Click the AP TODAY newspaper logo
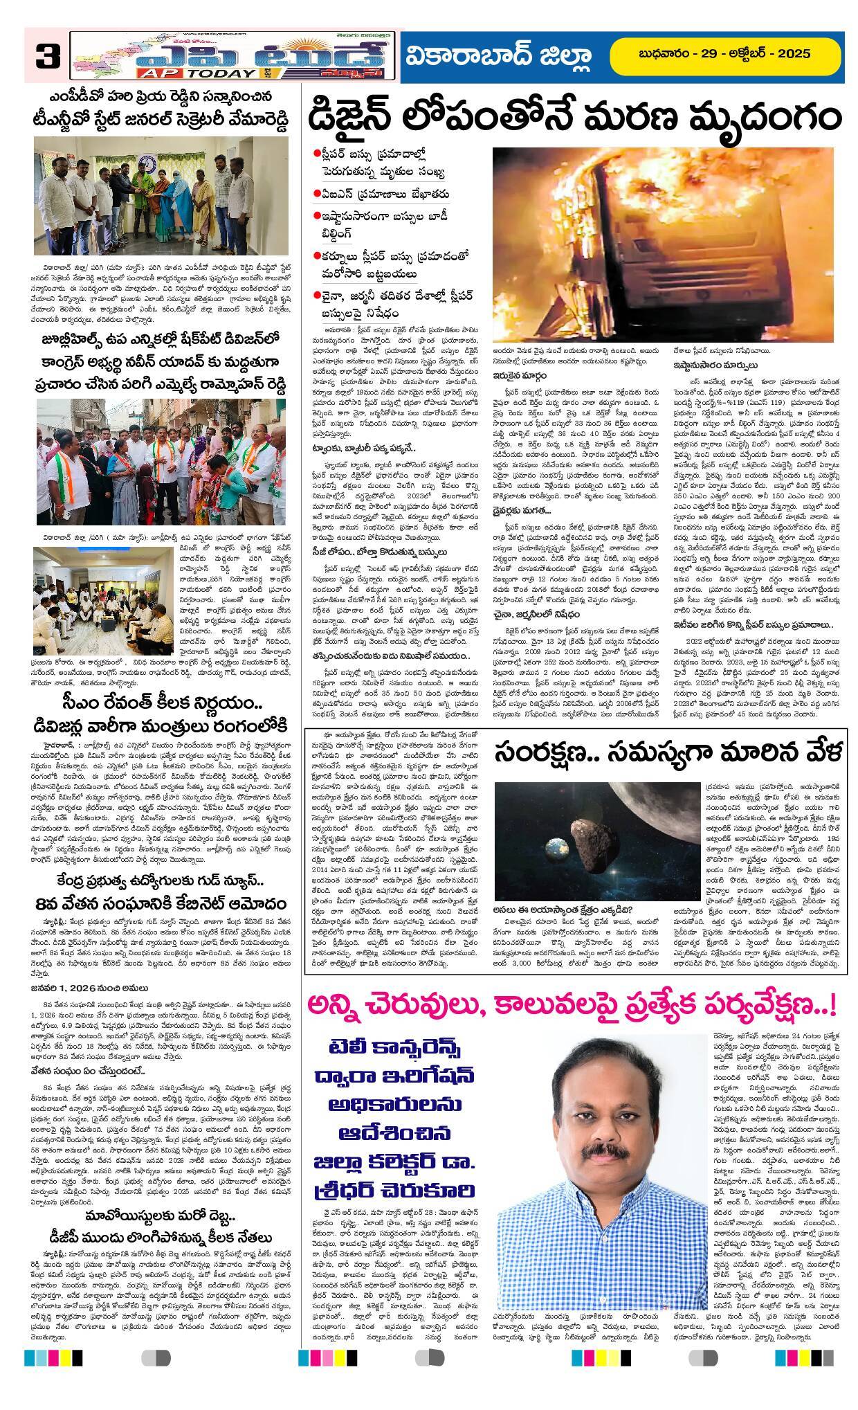click(x=234, y=55)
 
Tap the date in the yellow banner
click(x=724, y=54)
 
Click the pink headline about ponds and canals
click(x=573, y=1002)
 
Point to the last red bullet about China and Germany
click(x=316, y=296)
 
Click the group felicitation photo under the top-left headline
click(x=163, y=198)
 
